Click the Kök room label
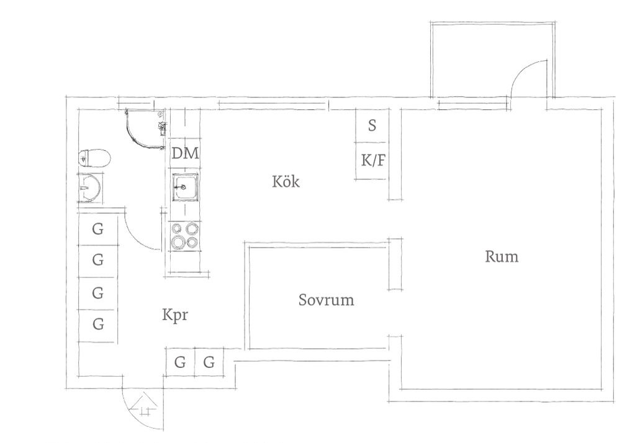[286, 181]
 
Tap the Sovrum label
[326, 300]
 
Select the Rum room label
[502, 257]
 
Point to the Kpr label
[175, 315]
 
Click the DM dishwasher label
[186, 153]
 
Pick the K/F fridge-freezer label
[373, 160]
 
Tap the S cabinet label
[372, 125]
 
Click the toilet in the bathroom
[94, 158]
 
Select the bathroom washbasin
[90, 188]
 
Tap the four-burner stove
[186, 236]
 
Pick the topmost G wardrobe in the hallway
[98, 230]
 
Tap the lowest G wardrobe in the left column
[98, 324]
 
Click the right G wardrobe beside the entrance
[209, 362]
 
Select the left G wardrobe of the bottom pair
[180, 362]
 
